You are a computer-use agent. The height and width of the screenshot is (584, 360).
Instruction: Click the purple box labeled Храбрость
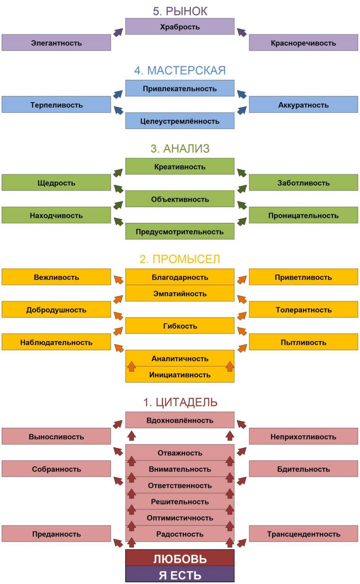tap(180, 26)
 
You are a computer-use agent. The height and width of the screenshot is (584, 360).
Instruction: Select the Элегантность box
tap(56, 42)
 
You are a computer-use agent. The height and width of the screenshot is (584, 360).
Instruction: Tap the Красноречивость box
tap(303, 42)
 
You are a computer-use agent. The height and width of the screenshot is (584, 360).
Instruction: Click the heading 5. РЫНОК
tap(180, 11)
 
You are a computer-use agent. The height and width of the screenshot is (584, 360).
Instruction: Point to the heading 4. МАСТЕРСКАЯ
tap(180, 71)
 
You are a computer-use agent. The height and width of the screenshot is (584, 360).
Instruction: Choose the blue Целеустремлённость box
tap(180, 121)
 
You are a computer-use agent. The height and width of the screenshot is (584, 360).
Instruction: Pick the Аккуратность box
tap(303, 104)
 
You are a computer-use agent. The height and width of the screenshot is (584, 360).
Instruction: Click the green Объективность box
tap(180, 199)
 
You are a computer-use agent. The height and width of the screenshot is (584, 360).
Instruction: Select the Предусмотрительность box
tap(180, 231)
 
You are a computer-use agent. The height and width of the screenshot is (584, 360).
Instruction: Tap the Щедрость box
tap(56, 183)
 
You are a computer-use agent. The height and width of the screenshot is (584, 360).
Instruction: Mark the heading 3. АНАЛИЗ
tap(180, 149)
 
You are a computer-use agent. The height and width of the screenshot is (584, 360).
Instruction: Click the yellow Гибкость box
tap(180, 325)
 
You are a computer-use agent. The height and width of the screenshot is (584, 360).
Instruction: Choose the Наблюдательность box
tap(56, 342)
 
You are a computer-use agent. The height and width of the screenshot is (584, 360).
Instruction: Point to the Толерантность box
tap(303, 310)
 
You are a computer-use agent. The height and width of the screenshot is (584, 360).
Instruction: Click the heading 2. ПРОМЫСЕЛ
tap(180, 259)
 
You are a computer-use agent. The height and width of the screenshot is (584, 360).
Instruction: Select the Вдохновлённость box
tap(180, 420)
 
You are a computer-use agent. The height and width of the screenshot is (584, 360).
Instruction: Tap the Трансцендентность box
tap(303, 534)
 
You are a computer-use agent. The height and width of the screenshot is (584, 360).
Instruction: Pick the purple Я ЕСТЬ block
tap(180, 574)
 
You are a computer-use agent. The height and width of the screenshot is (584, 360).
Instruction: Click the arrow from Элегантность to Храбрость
tap(118, 32)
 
